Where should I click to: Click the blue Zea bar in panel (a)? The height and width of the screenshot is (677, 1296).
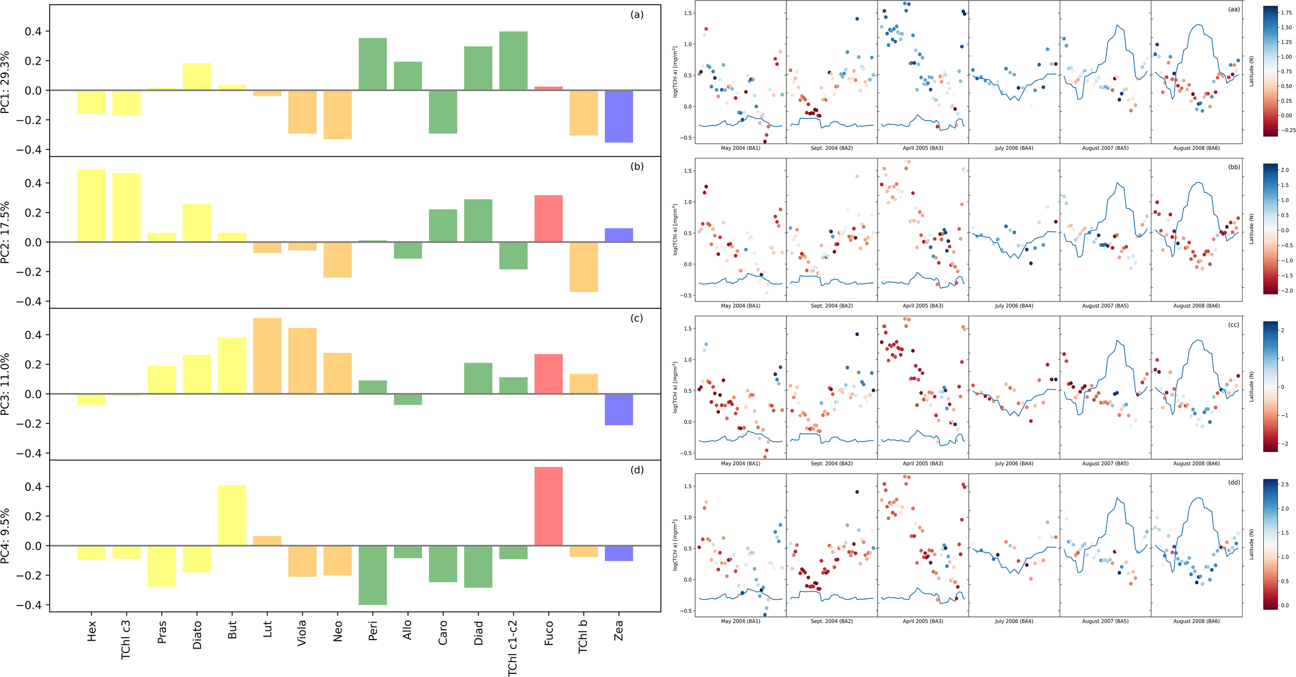[618, 116]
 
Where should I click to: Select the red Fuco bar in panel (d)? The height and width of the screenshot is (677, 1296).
[548, 506]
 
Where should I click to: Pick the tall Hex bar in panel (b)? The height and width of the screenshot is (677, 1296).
[91, 205]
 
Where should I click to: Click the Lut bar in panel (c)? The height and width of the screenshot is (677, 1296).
[267, 356]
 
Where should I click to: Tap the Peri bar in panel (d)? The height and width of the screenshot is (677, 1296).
[372, 575]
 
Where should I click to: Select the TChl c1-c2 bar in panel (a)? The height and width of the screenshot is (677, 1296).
[513, 61]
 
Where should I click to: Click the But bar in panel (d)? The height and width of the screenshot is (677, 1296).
[232, 515]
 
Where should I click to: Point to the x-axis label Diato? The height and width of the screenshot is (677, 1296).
[197, 634]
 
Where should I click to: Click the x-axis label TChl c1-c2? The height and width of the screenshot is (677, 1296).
[512, 647]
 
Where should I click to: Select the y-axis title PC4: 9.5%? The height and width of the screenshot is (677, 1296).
[5, 536]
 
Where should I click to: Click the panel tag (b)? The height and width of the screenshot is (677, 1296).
[637, 166]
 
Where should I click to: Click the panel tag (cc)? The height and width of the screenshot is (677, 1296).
[1233, 325]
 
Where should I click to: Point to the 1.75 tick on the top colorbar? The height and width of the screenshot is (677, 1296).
[1286, 13]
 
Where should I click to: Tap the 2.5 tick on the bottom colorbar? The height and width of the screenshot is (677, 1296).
[1285, 484]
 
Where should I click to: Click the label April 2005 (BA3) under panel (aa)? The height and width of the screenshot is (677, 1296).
[923, 148]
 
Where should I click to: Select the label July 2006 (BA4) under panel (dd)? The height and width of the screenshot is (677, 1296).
[1013, 621]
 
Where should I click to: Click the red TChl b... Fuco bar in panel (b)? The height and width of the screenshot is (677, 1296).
[548, 218]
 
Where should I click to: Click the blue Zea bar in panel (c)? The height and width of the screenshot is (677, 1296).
[618, 410]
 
